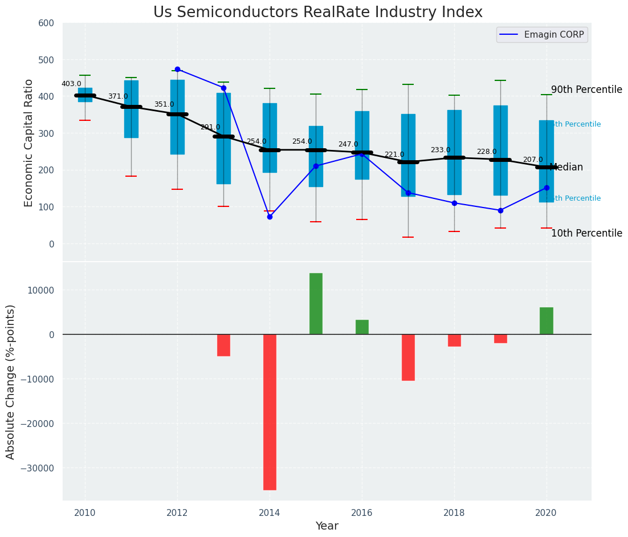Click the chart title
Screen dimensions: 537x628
[x=317, y=13]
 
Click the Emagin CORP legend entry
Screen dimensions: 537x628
[x=541, y=35]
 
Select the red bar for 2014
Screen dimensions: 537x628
[x=270, y=412]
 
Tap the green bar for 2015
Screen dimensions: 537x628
[x=316, y=303]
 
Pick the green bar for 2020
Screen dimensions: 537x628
[x=547, y=320]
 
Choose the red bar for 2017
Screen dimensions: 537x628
[x=408, y=357]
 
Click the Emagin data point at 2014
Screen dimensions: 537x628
[x=270, y=217]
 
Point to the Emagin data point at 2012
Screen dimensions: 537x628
[x=177, y=69]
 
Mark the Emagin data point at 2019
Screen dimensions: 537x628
[x=500, y=210]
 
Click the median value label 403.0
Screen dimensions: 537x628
[x=71, y=84]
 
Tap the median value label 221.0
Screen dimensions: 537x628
[x=394, y=154]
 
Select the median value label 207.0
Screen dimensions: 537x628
[x=533, y=160]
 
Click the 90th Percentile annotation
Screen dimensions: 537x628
[x=586, y=90]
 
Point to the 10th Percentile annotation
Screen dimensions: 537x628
[x=586, y=234]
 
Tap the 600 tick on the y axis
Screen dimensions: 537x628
[x=46, y=23]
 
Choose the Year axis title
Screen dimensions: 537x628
[x=327, y=526]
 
